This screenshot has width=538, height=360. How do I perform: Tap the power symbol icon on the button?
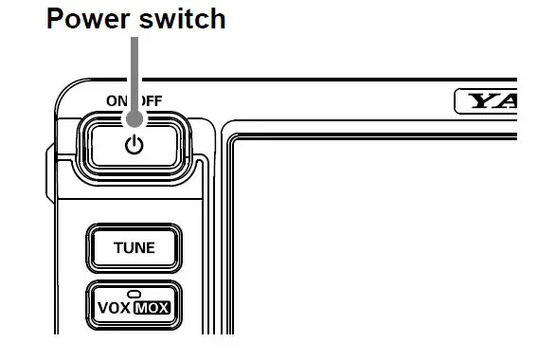pos(134,145)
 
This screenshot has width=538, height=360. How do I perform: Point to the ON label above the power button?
pos(117,99)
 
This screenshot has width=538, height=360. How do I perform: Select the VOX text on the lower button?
pos(113,307)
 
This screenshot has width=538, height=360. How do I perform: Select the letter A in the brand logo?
pos(508,99)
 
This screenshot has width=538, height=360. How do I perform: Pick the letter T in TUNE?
pos(117,248)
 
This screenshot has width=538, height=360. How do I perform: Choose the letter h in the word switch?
pos(217,17)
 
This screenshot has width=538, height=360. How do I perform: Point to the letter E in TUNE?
pos(150,248)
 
